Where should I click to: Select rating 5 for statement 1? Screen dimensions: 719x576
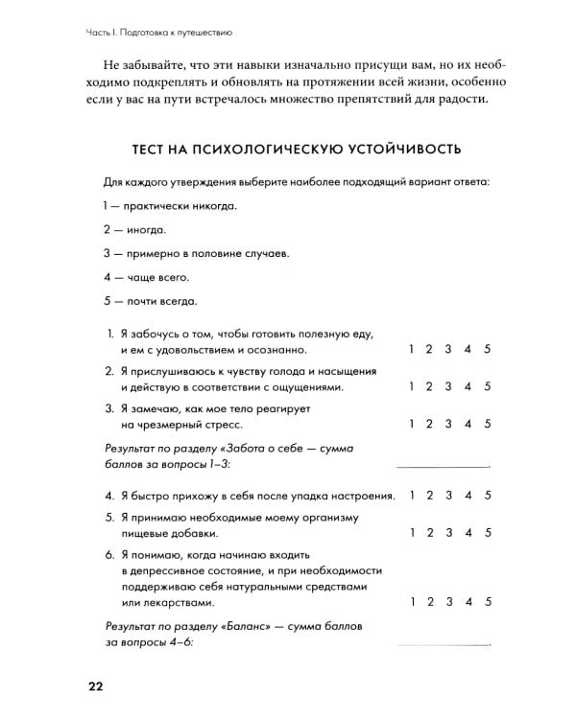(488, 350)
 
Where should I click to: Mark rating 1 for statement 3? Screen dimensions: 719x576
(410, 423)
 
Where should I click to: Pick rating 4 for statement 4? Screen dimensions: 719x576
(468, 496)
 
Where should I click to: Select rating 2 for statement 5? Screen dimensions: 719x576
(429, 532)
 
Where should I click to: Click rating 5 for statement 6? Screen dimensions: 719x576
(488, 602)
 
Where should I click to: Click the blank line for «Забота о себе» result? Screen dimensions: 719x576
(442, 463)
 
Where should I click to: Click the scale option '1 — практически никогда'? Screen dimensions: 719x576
(168, 206)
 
